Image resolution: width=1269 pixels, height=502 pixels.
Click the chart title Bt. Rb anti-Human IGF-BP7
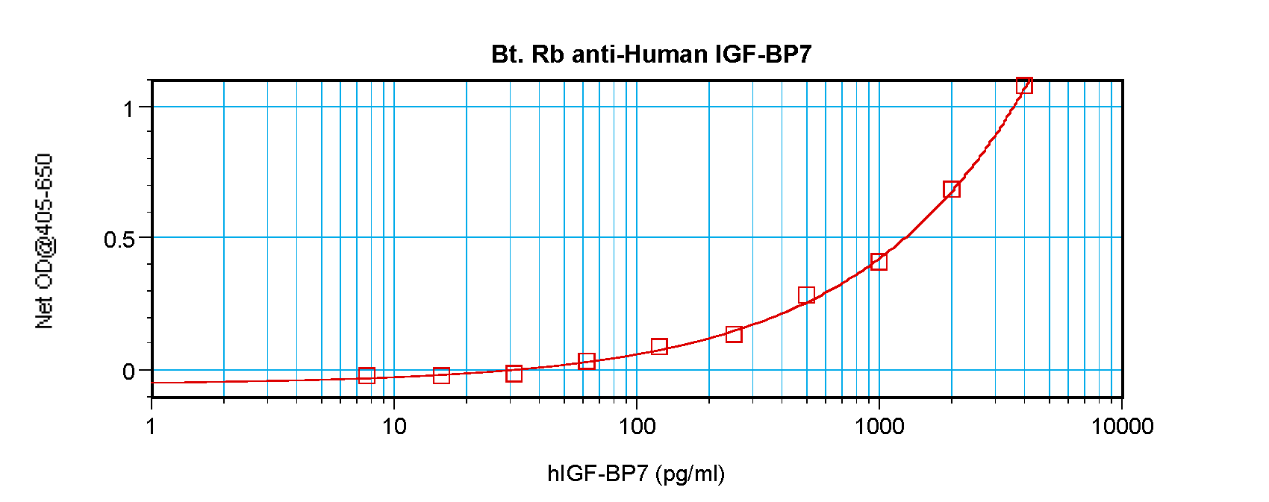tap(651, 54)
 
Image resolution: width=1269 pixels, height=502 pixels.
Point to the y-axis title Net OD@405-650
tap(44, 241)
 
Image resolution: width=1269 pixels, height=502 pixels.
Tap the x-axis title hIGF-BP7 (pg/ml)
tap(636, 474)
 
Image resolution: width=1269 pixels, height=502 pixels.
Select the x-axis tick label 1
tap(152, 427)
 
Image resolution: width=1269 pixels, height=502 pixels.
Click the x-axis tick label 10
tap(394, 427)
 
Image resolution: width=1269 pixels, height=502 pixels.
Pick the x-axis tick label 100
tap(637, 427)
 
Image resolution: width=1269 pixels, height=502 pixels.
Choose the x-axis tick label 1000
tap(879, 427)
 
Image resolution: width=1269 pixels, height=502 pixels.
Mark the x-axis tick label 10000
tap(1122, 427)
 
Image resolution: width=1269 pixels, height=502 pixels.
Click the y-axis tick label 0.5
tap(119, 239)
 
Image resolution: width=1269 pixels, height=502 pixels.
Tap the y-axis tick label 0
tap(128, 371)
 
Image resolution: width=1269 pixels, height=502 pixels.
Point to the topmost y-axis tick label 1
tap(129, 109)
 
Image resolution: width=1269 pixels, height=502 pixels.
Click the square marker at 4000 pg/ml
tap(1024, 86)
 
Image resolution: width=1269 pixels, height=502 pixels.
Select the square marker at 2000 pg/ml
tap(951, 189)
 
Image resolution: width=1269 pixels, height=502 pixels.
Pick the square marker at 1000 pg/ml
tap(879, 262)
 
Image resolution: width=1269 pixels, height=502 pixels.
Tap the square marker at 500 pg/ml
tap(806, 295)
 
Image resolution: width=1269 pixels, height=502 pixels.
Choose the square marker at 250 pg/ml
tap(734, 334)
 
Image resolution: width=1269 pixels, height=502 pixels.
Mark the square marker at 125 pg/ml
tap(659, 347)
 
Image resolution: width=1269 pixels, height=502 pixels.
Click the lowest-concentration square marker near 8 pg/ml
tap(367, 376)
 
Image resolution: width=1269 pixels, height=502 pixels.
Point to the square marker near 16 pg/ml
tap(441, 375)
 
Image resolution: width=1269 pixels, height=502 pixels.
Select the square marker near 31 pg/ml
tap(514, 374)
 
